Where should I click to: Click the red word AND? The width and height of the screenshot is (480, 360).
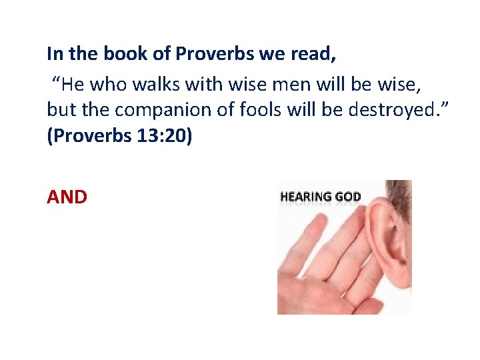(67, 197)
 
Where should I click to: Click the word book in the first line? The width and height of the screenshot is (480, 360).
(118, 53)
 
